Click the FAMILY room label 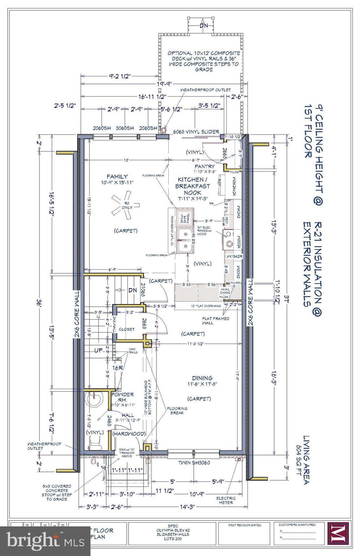(x=117, y=177)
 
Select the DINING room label (x=202, y=378)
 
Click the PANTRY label (x=204, y=167)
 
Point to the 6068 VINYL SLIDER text (x=196, y=132)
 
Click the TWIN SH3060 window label (x=194, y=463)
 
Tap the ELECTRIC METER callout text (x=226, y=500)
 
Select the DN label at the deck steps (x=204, y=26)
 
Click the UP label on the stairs (x=99, y=351)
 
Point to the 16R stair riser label (x=118, y=368)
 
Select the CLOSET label (x=126, y=329)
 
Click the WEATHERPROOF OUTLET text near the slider (x=205, y=90)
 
